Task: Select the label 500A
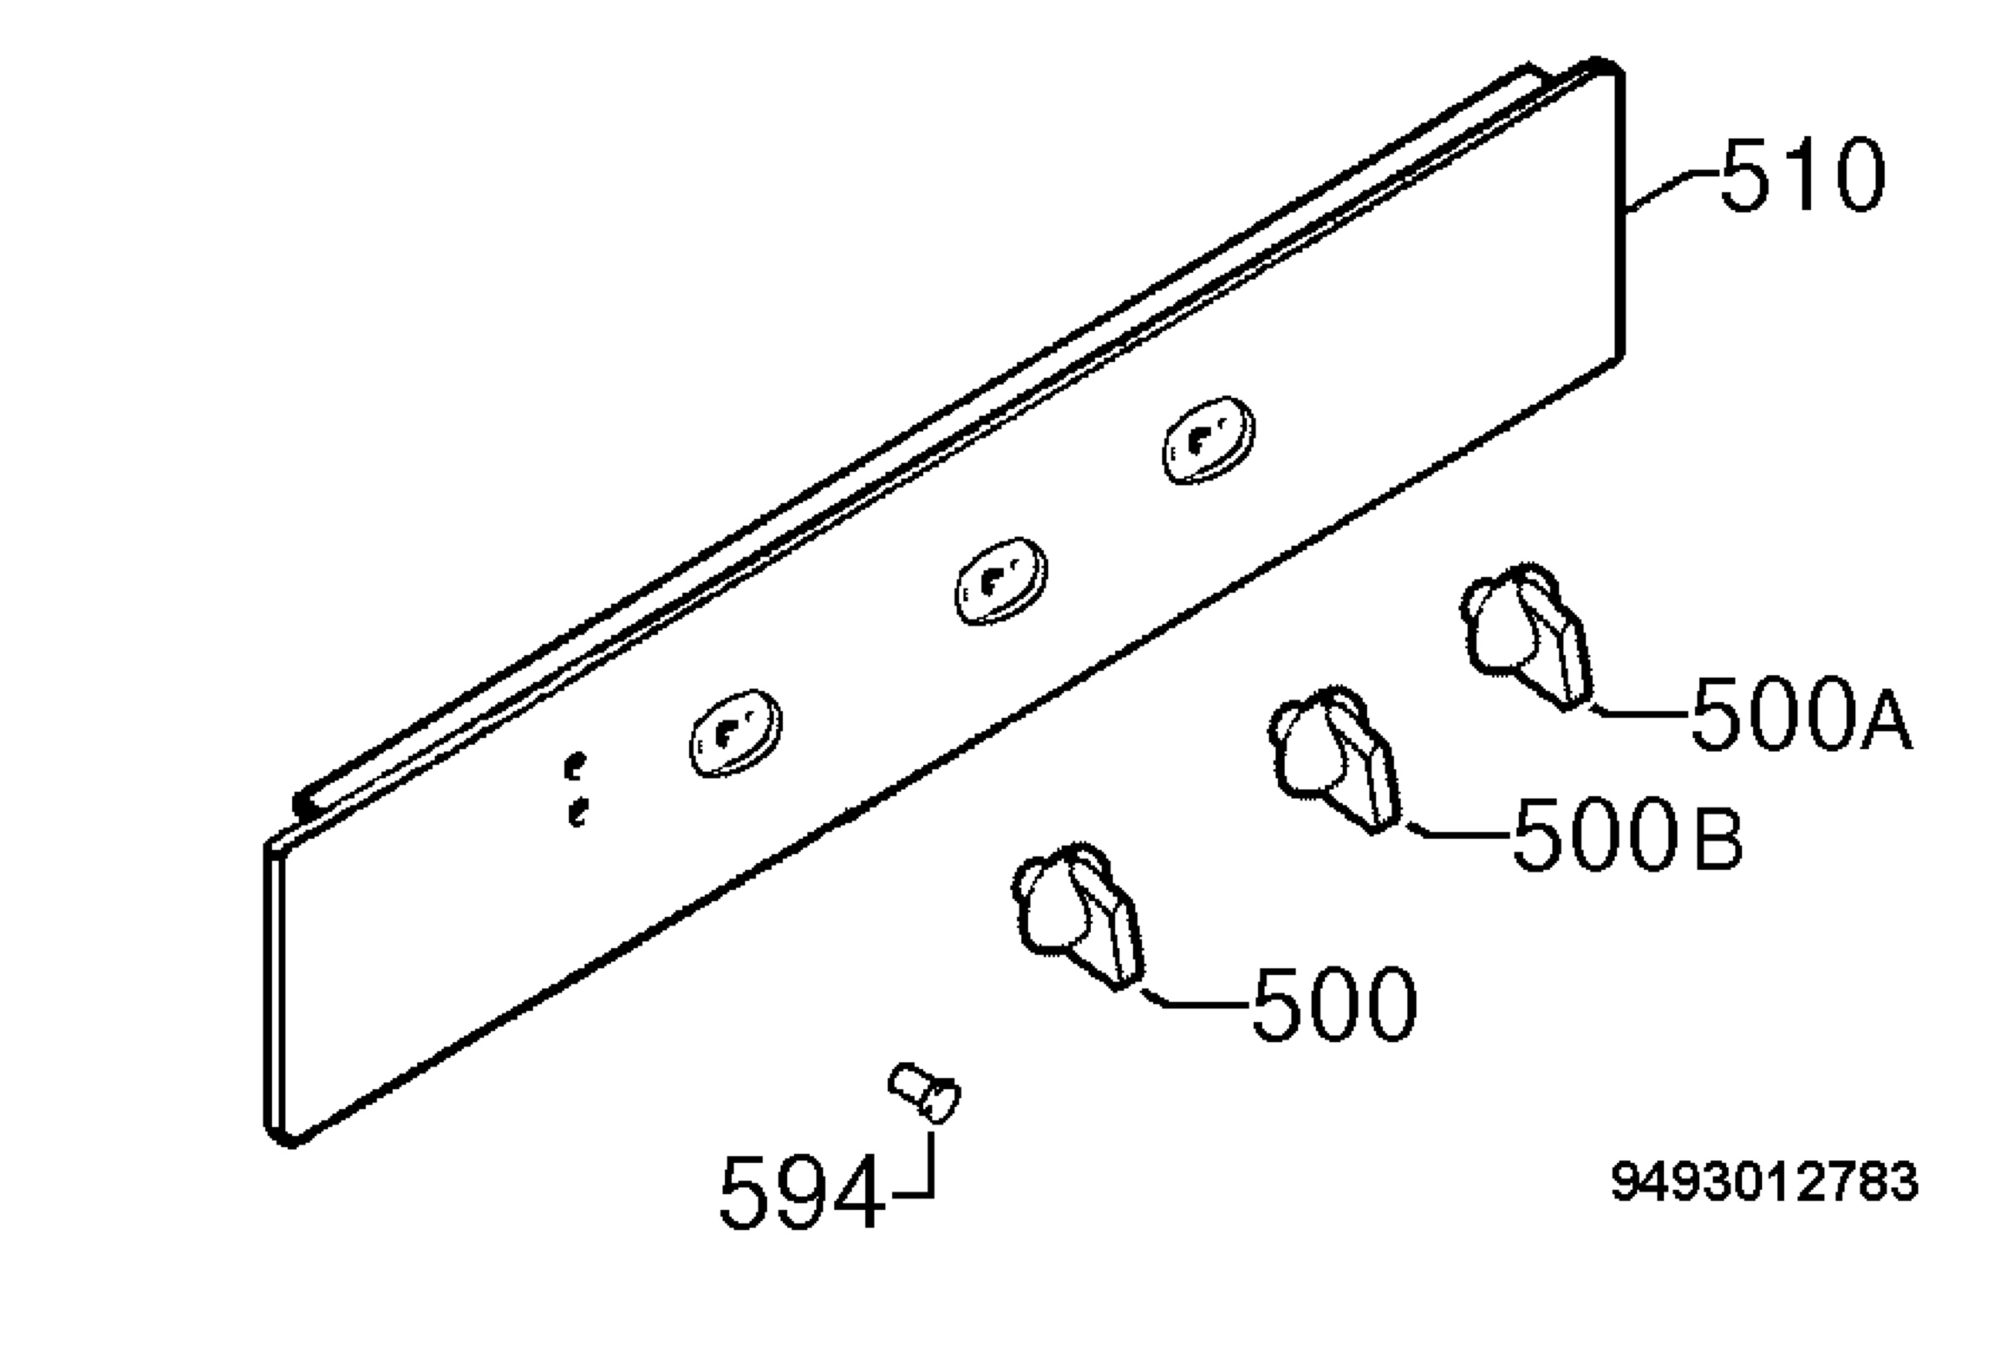tap(1801, 713)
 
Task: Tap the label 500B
tap(1626, 833)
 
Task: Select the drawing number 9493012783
tap(1765, 1181)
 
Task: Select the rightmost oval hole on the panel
tap(1208, 440)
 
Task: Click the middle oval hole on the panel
tap(1001, 580)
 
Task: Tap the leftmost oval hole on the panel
tap(736, 733)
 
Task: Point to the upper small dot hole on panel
tap(574, 766)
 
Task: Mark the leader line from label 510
tap(1672, 188)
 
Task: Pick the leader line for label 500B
tap(1456, 831)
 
